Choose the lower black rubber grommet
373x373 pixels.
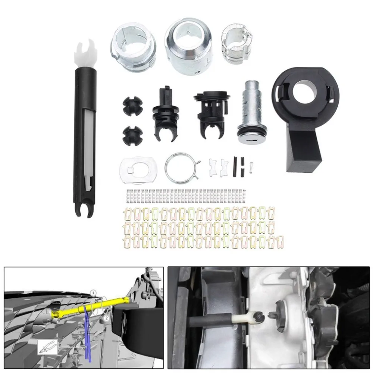click(x=132, y=135)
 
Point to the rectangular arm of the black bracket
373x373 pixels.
click(x=302, y=149)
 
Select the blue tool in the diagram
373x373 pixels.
click(x=87, y=332)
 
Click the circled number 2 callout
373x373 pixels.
click(x=106, y=318)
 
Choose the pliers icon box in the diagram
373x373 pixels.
click(x=47, y=347)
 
